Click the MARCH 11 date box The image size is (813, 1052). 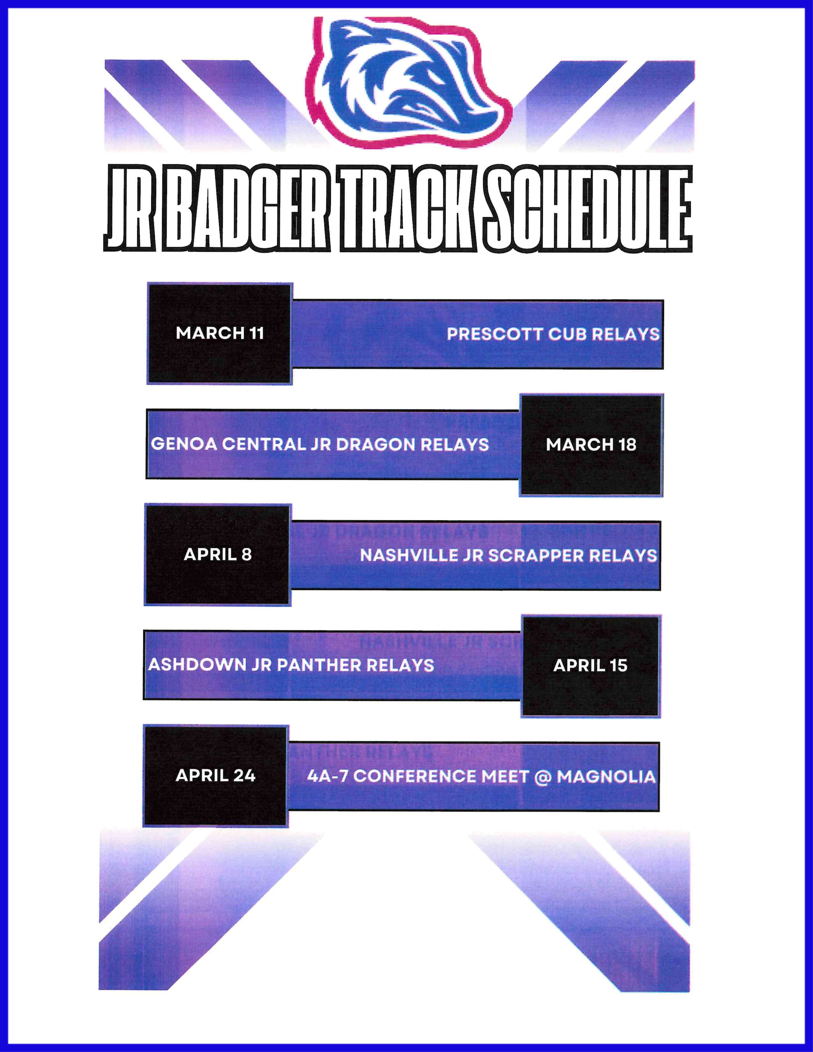[x=220, y=333]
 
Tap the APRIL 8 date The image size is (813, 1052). [x=218, y=554]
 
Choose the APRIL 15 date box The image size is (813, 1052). [x=590, y=666]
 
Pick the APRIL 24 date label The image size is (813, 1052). [x=215, y=776]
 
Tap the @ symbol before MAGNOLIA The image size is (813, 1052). [x=543, y=777]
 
